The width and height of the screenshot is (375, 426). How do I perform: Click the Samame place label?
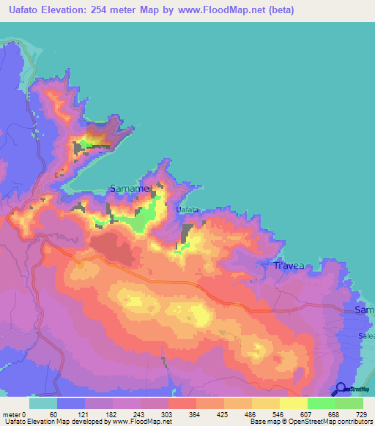tap(130, 189)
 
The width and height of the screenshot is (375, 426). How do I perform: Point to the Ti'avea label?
tap(288, 266)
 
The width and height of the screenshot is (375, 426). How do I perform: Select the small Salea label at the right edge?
tap(366, 335)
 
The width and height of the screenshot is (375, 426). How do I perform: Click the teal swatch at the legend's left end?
tap(42, 404)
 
